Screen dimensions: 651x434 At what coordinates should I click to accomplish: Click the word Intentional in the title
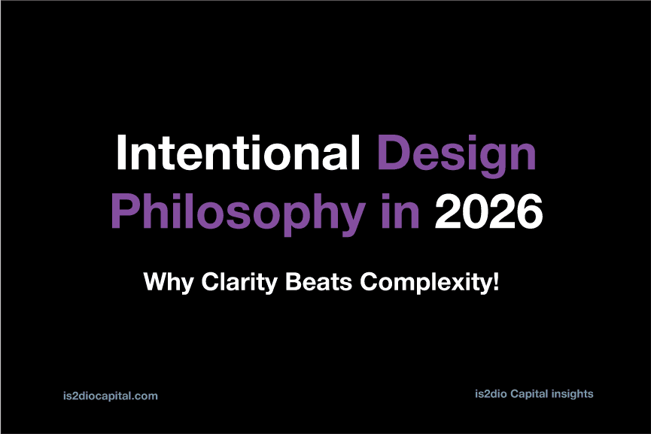(x=238, y=152)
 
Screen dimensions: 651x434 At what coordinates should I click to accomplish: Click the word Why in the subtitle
(x=168, y=283)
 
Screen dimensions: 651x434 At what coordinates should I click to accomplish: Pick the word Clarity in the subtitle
(x=239, y=283)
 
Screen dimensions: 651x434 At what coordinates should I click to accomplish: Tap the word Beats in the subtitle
(x=319, y=281)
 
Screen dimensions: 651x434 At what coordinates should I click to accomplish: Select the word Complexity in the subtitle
(x=424, y=283)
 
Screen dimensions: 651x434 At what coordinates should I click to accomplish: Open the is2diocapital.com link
(x=111, y=396)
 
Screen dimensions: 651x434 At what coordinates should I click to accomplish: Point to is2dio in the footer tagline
(x=491, y=393)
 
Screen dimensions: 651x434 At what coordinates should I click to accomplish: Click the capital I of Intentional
(x=121, y=152)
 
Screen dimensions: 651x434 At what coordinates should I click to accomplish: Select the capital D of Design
(x=393, y=152)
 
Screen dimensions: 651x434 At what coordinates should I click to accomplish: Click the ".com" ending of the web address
(x=145, y=396)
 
